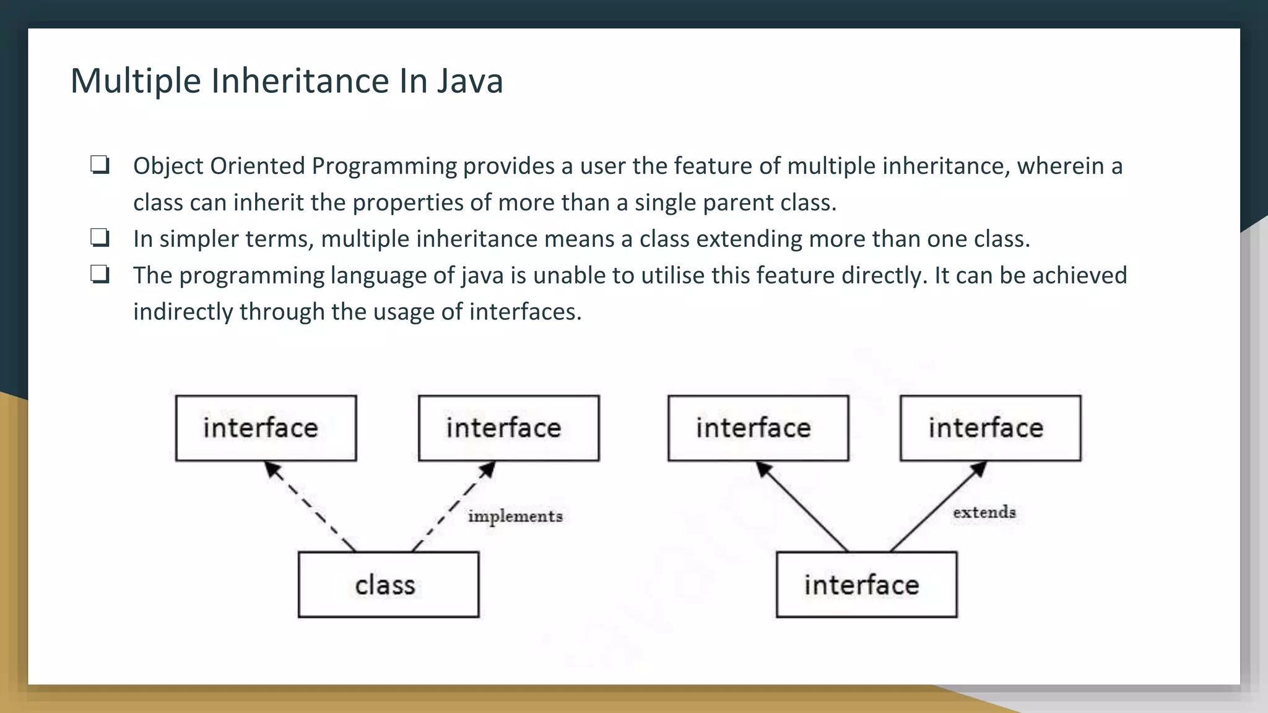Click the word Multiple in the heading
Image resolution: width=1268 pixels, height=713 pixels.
[x=136, y=81]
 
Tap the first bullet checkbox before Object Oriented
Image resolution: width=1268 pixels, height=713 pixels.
[x=100, y=165]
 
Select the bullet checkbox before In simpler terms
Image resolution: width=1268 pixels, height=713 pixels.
[x=100, y=238]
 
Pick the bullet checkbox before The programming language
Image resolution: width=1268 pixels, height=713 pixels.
[x=100, y=275]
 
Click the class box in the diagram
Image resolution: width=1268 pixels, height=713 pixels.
[x=388, y=584]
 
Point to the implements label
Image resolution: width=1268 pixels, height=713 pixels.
[x=515, y=516]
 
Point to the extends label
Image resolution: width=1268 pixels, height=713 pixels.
[x=984, y=512]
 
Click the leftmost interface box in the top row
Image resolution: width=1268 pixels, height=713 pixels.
[x=266, y=428]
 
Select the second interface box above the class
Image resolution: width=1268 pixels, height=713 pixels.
[x=508, y=428]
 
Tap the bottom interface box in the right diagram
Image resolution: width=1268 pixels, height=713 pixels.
[x=866, y=584]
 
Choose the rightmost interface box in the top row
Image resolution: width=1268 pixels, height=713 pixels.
[x=990, y=428]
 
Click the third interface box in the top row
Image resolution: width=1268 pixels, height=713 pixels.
[x=758, y=428]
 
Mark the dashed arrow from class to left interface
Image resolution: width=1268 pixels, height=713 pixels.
[x=310, y=506]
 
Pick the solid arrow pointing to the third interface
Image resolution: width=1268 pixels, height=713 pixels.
[x=802, y=506]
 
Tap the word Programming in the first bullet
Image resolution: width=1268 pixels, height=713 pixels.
[x=384, y=166]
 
